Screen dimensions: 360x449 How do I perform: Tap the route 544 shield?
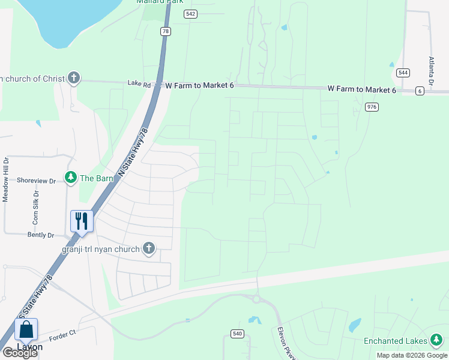[x=403, y=73]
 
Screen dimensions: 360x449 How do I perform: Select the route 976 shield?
[x=372, y=107]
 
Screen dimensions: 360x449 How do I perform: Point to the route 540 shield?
[x=237, y=334]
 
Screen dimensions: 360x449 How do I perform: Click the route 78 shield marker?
[x=165, y=31]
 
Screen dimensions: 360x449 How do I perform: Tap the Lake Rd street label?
[x=139, y=85]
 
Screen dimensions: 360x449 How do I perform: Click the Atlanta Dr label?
[x=430, y=71]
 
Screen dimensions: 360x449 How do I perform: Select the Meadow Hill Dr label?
[x=6, y=179]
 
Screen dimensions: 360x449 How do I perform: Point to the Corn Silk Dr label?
[x=36, y=207]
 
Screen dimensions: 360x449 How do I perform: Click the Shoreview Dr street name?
[x=36, y=180]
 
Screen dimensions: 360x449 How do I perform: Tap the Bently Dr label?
[x=40, y=235]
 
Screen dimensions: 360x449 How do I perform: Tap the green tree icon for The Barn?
[x=71, y=178]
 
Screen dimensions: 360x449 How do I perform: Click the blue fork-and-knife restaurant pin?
[x=82, y=220]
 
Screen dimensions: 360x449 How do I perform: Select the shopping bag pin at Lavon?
[x=26, y=329]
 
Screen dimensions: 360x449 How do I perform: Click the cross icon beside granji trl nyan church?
[x=148, y=248]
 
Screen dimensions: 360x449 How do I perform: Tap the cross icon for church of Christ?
[x=73, y=78]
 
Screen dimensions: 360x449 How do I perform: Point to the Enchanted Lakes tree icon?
[x=436, y=341]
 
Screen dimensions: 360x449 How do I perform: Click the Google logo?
[x=20, y=353]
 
